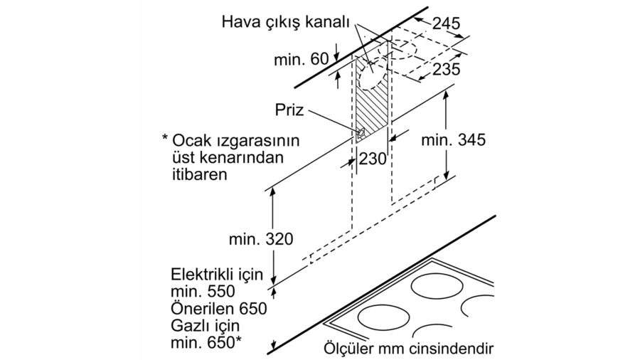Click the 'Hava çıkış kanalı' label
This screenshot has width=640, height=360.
click(x=286, y=23)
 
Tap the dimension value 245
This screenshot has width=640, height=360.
click(x=446, y=23)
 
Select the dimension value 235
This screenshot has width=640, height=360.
click(x=447, y=70)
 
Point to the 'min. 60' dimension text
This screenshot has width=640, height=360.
click(x=302, y=60)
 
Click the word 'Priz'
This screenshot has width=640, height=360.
click(x=289, y=110)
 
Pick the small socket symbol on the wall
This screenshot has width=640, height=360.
click(x=361, y=133)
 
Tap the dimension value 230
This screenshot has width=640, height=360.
click(x=372, y=159)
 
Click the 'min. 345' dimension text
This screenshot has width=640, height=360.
click(x=454, y=140)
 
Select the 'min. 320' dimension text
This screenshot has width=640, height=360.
click(x=261, y=239)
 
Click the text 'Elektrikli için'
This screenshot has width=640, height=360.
click(x=217, y=275)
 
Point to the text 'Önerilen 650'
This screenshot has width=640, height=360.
click(x=219, y=308)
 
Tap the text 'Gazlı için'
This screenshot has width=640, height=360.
click(x=205, y=326)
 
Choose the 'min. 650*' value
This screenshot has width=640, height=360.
click(x=206, y=343)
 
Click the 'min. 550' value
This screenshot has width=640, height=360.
click(x=203, y=292)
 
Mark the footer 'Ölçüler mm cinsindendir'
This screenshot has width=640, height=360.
click(x=409, y=349)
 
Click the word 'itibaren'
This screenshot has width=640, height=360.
click(x=199, y=174)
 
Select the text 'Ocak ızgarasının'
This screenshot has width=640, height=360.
click(x=236, y=141)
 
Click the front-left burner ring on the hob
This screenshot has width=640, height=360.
click(x=384, y=317)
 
